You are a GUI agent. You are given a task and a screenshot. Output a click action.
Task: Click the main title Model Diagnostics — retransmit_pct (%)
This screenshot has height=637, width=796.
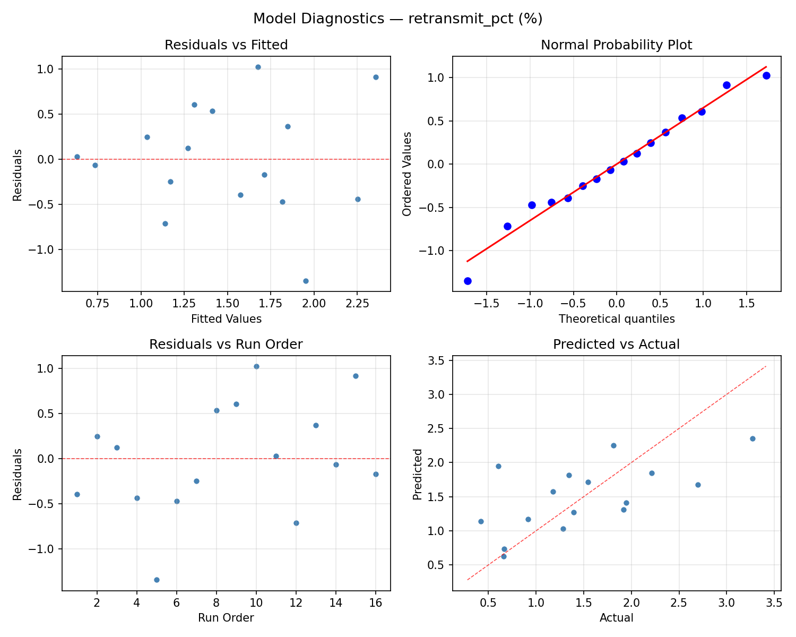pos(397,19)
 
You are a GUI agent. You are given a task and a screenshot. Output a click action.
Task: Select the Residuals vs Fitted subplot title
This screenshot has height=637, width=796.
pos(226,45)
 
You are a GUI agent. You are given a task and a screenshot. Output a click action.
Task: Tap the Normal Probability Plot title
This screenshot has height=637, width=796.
pos(616,45)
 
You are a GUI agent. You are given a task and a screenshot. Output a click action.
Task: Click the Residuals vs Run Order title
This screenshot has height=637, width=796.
pos(226,345)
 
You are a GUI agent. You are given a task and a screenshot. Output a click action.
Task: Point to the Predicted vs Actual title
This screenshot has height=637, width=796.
pos(616,345)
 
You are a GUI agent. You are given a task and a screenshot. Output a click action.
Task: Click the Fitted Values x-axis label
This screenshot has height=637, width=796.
pos(226,319)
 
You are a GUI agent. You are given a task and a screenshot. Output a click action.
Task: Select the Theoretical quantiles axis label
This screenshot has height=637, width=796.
pos(616,319)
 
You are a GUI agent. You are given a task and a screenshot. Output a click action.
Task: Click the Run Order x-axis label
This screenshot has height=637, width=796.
pos(226,618)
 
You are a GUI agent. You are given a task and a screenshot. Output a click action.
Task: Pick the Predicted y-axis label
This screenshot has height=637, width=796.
pos(418,474)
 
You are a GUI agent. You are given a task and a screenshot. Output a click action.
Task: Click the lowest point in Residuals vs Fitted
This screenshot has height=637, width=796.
pos(306,281)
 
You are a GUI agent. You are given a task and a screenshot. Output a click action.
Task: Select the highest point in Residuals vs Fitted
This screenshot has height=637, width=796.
pos(258,67)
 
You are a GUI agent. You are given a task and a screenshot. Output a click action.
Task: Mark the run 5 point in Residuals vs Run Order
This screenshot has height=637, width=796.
pos(157,580)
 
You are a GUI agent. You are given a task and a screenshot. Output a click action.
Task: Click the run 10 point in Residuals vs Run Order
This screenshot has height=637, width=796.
pos(256,366)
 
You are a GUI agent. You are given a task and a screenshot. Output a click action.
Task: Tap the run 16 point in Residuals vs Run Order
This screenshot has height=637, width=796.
pos(376,474)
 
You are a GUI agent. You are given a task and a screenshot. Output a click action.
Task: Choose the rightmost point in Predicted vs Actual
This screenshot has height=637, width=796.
pos(752,438)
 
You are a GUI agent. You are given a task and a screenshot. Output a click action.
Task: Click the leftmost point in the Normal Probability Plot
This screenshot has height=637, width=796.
pos(468,281)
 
